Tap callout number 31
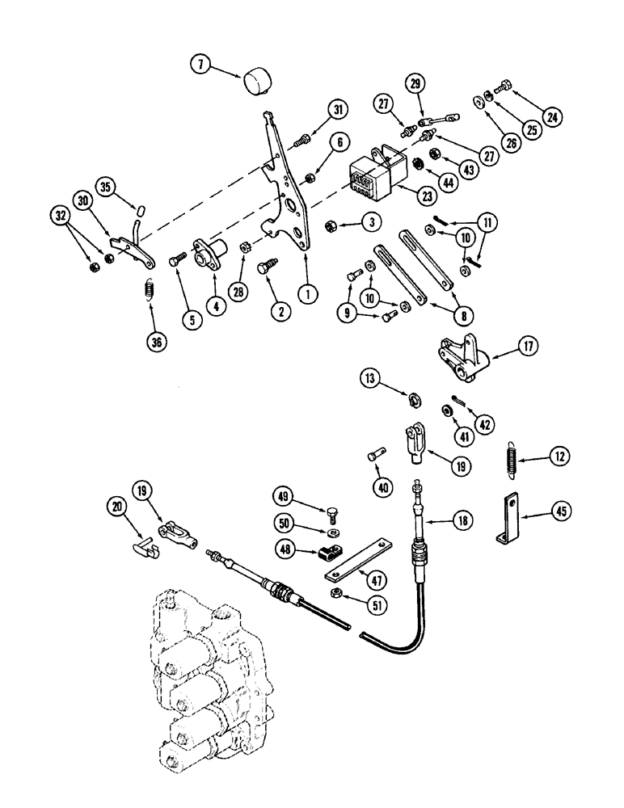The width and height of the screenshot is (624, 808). [336, 109]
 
